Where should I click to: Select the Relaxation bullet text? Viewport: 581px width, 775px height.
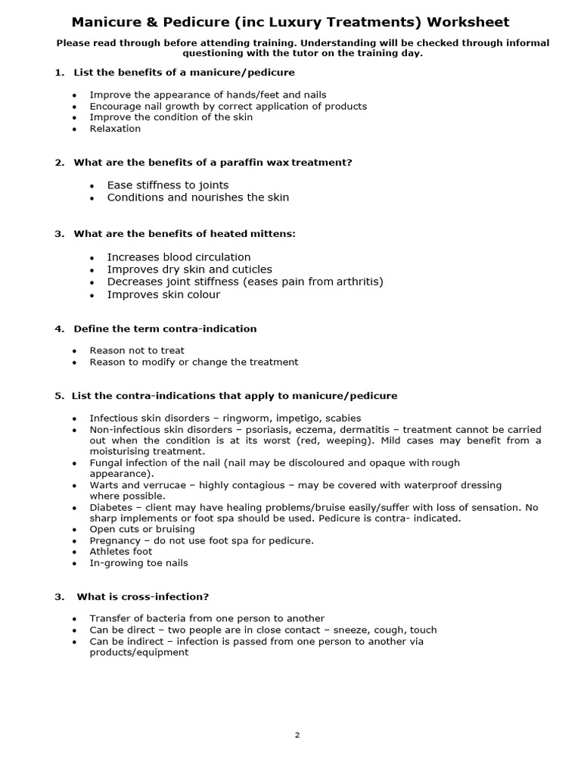[115, 129]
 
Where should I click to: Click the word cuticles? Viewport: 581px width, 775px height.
[247, 269]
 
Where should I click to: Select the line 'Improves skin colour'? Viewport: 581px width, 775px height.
[163, 294]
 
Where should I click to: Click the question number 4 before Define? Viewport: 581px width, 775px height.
[58, 328]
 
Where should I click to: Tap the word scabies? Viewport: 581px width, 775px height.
[343, 418]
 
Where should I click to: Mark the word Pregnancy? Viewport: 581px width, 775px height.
[115, 540]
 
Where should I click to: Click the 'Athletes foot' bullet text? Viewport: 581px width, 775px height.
[121, 552]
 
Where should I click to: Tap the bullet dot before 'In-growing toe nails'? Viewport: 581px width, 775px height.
[74, 564]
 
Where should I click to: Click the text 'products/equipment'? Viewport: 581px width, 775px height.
[139, 652]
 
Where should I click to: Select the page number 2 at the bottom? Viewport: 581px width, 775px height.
[297, 734]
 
